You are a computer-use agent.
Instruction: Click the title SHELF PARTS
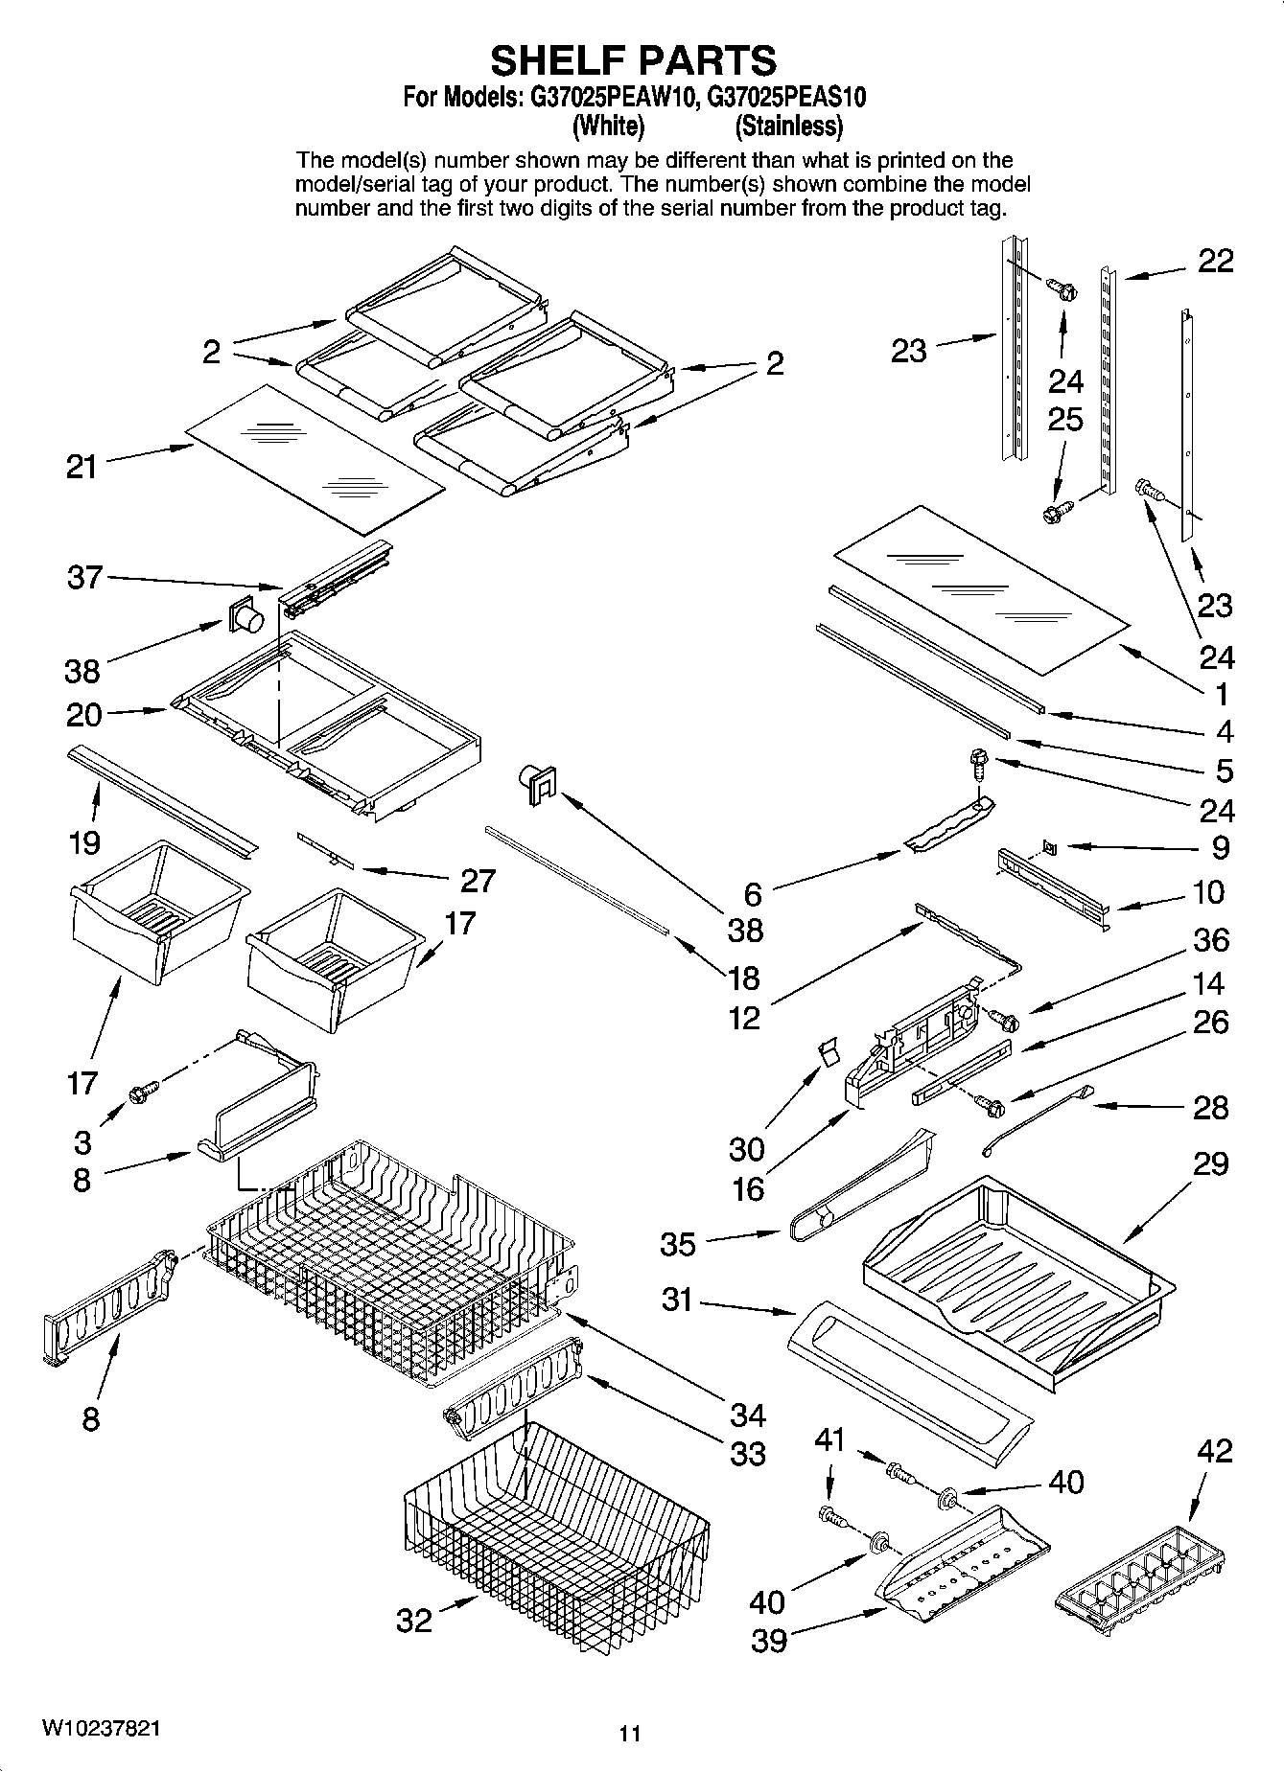[633, 60]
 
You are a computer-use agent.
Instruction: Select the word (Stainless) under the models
[788, 126]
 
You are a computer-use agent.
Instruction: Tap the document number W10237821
[101, 1728]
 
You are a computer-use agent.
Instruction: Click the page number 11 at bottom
[629, 1733]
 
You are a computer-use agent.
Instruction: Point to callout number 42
[1214, 1451]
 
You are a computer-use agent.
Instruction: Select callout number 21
[82, 468]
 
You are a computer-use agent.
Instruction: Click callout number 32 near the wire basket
[414, 1621]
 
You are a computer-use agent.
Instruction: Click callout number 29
[1211, 1164]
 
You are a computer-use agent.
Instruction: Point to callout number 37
[84, 577]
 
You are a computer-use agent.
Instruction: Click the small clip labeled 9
[1050, 846]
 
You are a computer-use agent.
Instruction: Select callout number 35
[677, 1244]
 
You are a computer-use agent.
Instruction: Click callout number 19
[84, 843]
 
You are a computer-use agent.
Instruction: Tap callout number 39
[768, 1642]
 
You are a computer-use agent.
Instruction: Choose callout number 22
[1216, 261]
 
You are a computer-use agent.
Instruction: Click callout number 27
[478, 880]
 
